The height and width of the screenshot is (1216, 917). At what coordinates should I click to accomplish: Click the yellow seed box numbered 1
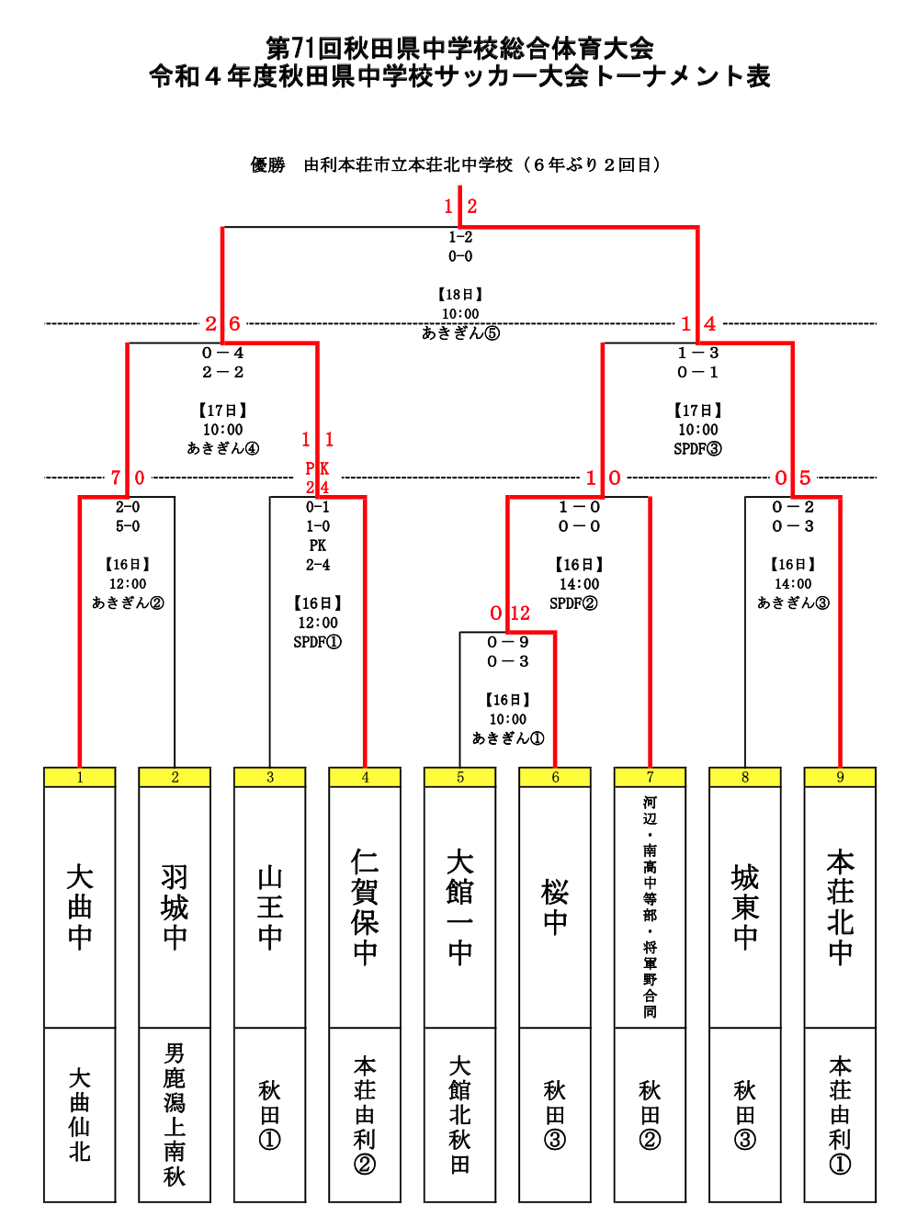click(x=80, y=777)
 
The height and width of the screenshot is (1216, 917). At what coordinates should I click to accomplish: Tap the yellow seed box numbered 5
click(x=460, y=777)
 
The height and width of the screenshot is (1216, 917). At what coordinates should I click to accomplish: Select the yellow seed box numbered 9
click(x=840, y=777)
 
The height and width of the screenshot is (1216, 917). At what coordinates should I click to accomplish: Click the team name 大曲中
click(x=80, y=906)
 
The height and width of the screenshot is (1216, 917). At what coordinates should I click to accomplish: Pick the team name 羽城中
click(x=175, y=906)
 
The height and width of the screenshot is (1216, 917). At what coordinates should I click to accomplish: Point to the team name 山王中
click(x=270, y=906)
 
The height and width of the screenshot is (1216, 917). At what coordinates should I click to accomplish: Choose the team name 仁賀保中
click(x=365, y=906)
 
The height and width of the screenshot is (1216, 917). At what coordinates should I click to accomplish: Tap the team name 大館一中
click(x=460, y=906)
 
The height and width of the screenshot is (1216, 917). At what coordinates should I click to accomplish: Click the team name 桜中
click(x=555, y=906)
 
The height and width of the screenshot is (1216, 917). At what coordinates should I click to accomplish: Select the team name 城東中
click(x=745, y=906)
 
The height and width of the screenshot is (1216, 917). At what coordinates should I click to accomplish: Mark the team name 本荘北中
click(x=840, y=906)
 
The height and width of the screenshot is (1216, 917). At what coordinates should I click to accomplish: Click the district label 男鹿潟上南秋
click(x=175, y=1114)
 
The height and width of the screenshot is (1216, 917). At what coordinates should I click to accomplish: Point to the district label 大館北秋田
click(x=460, y=1114)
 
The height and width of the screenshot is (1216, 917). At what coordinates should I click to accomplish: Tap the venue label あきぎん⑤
click(x=460, y=333)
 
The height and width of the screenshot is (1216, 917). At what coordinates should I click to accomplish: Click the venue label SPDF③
click(x=697, y=449)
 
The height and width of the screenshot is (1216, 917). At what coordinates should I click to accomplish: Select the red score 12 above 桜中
click(x=520, y=614)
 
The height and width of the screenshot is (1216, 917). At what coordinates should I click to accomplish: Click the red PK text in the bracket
click(x=317, y=469)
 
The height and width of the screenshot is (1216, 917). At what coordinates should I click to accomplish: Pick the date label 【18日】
click(x=460, y=295)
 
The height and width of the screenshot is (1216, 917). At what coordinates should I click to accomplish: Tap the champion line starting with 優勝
click(x=457, y=165)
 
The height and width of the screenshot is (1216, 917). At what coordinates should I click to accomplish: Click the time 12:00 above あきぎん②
click(x=128, y=584)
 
